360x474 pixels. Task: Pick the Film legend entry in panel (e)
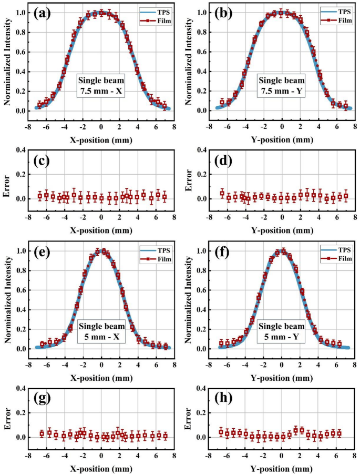click(x=153, y=258)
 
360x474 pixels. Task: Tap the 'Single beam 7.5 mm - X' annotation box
click(x=101, y=85)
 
